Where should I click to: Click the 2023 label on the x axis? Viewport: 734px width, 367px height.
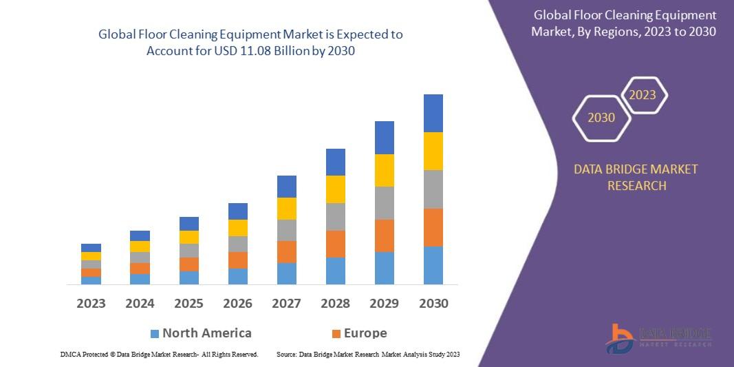(x=91, y=303)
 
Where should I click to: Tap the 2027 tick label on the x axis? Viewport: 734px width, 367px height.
(x=287, y=303)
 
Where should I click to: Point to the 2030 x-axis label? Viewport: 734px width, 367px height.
(x=433, y=303)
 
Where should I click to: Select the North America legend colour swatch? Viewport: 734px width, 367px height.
(x=155, y=333)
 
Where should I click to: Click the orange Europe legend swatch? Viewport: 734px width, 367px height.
(x=336, y=333)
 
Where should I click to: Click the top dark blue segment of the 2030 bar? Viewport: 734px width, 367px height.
(x=433, y=113)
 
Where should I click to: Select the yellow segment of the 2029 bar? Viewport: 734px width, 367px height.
(x=385, y=170)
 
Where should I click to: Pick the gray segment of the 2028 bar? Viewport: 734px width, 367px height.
(x=336, y=216)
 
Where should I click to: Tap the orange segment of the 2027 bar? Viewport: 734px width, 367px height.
(x=287, y=251)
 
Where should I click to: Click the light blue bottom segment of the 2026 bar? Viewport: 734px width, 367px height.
(x=238, y=276)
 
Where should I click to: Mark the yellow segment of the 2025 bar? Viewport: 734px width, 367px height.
(x=189, y=237)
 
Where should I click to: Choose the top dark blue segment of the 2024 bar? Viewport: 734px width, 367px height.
(x=140, y=235)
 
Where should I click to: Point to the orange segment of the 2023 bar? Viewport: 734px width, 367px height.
(x=91, y=273)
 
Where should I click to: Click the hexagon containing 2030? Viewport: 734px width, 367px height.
(x=601, y=118)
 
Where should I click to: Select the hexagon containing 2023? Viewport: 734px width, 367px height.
(x=643, y=95)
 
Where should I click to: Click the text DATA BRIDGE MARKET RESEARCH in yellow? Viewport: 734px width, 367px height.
(x=636, y=177)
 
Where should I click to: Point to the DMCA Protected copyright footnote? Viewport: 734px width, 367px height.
(x=160, y=354)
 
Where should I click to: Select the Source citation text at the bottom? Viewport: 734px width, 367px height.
(x=367, y=354)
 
